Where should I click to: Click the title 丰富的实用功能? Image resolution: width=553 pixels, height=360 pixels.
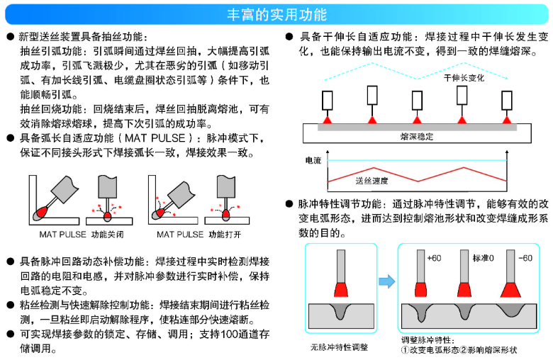[276, 13]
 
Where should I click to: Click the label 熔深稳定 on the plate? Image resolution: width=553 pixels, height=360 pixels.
[416, 136]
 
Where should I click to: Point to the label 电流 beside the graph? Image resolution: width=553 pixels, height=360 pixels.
[312, 161]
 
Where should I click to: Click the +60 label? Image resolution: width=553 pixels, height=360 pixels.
[434, 257]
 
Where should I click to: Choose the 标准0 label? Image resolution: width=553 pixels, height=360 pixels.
[483, 257]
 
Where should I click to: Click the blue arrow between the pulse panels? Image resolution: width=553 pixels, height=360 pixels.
[386, 281]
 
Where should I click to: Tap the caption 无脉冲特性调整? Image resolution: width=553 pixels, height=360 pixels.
[339, 347]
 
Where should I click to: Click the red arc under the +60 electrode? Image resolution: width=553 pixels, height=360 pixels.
[420, 290]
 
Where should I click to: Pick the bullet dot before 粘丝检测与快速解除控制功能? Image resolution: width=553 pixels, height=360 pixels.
[10, 305]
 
